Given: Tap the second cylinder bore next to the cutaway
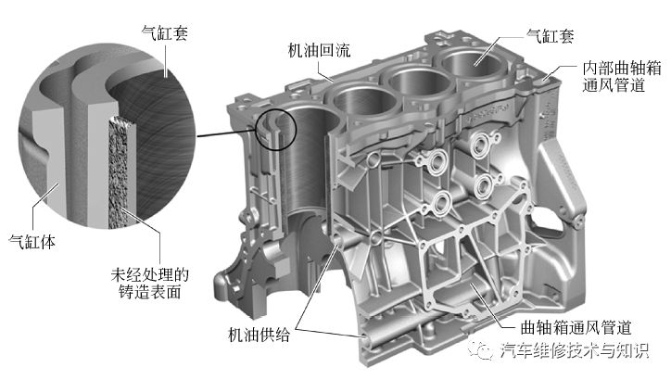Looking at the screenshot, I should point(362,98).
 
